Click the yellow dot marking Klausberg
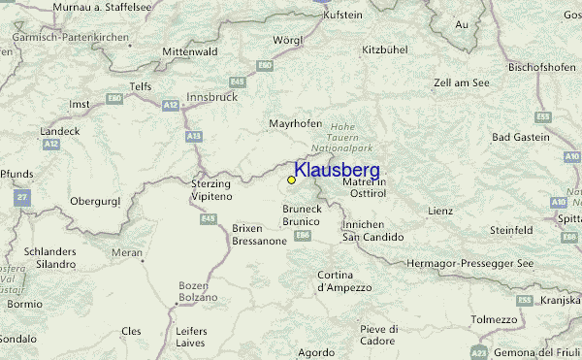[x=291, y=180]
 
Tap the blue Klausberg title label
[x=337, y=171]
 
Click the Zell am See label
[x=461, y=83]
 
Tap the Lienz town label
[x=439, y=211]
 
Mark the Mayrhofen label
[x=295, y=124]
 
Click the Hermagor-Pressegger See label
[x=470, y=264]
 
